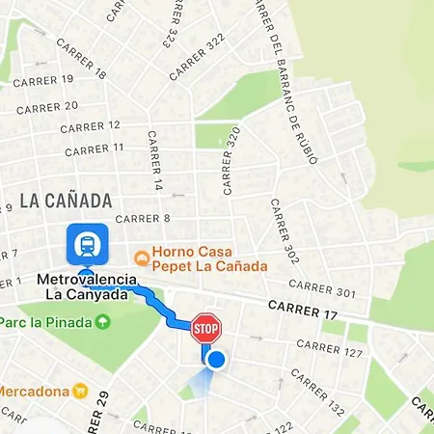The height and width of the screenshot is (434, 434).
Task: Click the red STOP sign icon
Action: click(206, 328)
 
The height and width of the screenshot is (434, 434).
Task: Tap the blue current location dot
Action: click(216, 361)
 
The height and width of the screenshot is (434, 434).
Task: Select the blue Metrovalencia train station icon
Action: click(85, 245)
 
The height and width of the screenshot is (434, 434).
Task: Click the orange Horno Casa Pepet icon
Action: click(142, 258)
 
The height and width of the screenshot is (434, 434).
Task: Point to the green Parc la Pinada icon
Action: click(103, 321)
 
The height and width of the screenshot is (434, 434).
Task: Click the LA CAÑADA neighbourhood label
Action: click(66, 202)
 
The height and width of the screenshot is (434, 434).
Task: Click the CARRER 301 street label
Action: click(322, 286)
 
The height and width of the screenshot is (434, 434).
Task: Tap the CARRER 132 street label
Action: click(323, 398)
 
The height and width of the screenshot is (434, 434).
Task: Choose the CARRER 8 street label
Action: click(137, 219)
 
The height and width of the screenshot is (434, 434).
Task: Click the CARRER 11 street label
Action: click(92, 148)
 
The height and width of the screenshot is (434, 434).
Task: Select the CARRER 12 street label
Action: click(90, 126)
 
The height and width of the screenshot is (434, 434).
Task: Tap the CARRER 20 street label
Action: click(47, 107)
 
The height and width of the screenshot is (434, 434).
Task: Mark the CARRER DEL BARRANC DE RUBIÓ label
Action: click(286, 82)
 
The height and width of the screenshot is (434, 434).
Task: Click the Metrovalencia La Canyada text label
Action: click(82, 286)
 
